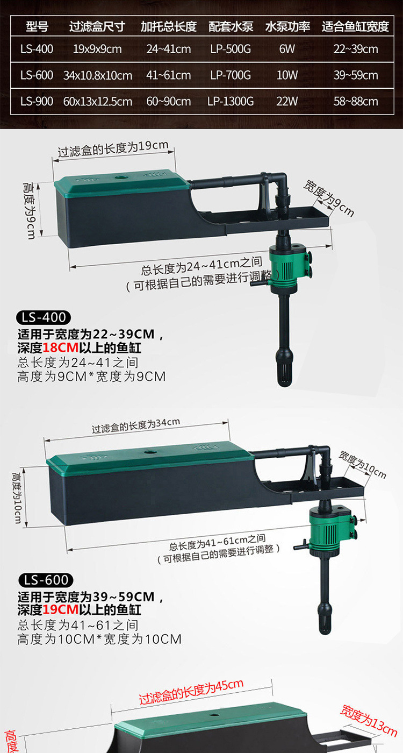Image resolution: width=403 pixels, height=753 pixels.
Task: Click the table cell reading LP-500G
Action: [x=231, y=49]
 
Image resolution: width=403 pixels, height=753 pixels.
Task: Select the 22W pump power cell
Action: [x=287, y=101]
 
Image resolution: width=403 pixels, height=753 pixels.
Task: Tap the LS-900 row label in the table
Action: [x=37, y=101]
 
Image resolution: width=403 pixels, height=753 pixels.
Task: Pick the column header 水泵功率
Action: [x=287, y=27]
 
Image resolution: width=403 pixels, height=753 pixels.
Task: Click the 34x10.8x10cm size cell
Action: [x=97, y=75]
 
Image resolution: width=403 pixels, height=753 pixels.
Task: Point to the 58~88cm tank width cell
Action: [x=355, y=101]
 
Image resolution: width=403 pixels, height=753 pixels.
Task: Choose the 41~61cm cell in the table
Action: [x=168, y=75]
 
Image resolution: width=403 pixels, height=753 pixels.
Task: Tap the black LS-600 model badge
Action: [x=46, y=580]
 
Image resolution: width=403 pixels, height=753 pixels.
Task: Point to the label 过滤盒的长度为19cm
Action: [x=113, y=148]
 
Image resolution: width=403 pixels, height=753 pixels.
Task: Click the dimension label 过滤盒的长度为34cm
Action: [x=136, y=425]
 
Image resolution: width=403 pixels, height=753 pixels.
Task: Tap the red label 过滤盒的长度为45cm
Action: [x=191, y=691]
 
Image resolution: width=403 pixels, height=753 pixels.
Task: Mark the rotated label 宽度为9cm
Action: [x=329, y=198]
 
